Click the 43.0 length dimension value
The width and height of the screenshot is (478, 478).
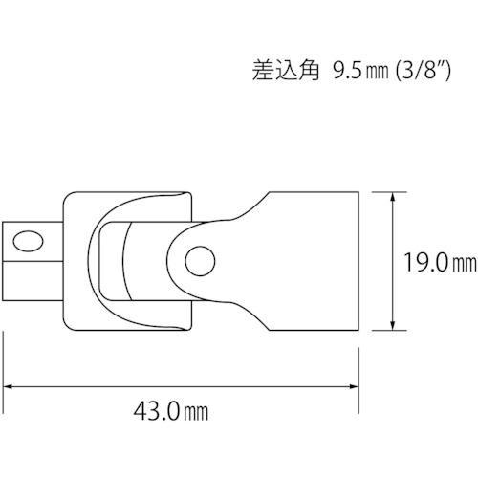[x=157, y=411]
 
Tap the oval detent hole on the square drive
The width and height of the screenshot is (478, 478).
[x=28, y=241]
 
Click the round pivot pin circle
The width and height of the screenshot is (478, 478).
[x=200, y=261]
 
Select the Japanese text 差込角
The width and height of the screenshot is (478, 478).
[x=286, y=70]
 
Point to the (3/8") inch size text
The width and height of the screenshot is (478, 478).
[x=423, y=71]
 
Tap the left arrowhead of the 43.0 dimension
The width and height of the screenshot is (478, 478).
[x=7, y=386]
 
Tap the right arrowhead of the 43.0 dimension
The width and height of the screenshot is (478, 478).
[x=355, y=386]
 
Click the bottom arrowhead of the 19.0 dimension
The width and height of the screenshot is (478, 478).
[x=393, y=325]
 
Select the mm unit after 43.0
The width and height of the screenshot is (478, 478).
[x=195, y=413]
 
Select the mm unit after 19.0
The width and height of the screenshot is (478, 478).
[x=464, y=264]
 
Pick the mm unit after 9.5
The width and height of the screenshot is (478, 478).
[x=377, y=73]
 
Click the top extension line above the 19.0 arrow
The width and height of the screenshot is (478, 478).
[x=389, y=192]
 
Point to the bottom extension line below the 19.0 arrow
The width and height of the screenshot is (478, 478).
[x=389, y=331]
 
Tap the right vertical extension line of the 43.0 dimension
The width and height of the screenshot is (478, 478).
[x=358, y=380]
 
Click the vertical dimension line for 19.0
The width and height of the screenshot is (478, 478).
[x=393, y=261]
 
